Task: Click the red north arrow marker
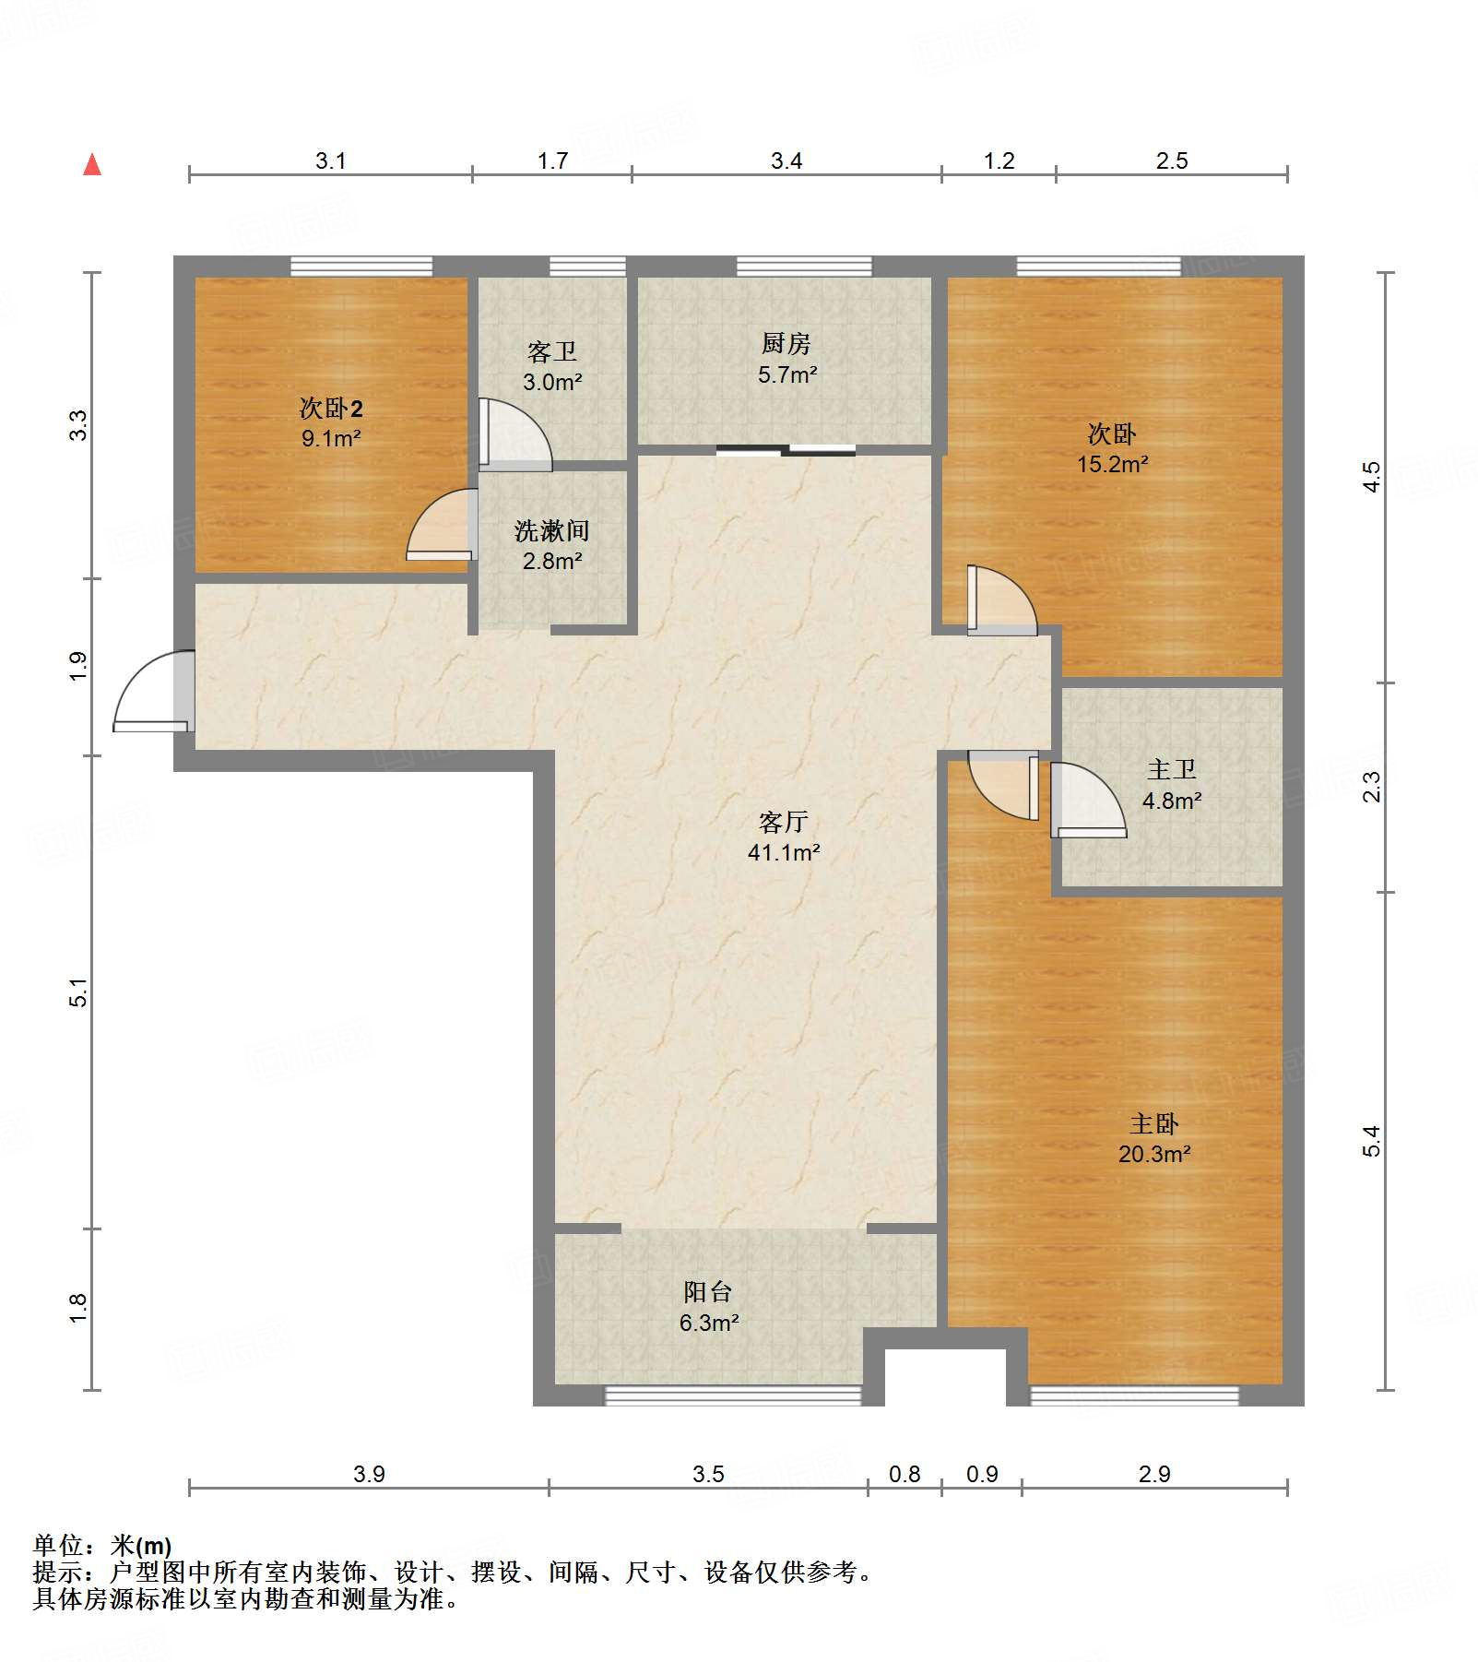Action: coord(92,164)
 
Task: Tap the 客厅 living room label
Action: coord(784,821)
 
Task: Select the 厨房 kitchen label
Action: coord(786,343)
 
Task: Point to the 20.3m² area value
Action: coord(1154,1154)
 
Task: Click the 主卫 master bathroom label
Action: coord(1172,769)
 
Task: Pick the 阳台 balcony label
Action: coord(708,1292)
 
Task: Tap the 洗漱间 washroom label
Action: coord(551,530)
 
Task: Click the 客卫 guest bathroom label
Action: coord(551,351)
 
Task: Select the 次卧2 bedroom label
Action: coord(331,408)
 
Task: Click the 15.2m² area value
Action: coord(1113,464)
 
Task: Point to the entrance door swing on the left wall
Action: coord(154,692)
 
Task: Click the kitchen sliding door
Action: coord(786,450)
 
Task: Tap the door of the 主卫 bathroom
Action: coord(1088,800)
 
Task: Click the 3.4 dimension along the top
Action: coord(786,160)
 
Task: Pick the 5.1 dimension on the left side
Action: coord(79,992)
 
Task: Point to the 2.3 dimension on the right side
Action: coord(1372,787)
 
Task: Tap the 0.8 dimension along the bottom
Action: coord(905,1474)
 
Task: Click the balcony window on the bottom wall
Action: coord(733,1395)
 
